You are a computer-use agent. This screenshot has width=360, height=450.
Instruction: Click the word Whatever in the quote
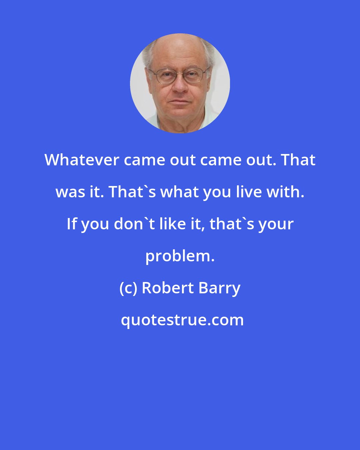coord(81,160)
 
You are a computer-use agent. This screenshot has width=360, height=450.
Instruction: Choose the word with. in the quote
coord(287,192)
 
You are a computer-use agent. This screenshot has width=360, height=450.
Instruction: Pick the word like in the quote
coord(169,224)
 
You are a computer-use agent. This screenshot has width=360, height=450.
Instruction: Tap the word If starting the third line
coord(71,224)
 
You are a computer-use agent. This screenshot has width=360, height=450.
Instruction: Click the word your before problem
coord(277,224)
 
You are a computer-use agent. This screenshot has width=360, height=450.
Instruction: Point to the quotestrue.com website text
coord(182,320)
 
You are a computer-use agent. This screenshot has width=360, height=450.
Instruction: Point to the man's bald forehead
coord(178,53)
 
